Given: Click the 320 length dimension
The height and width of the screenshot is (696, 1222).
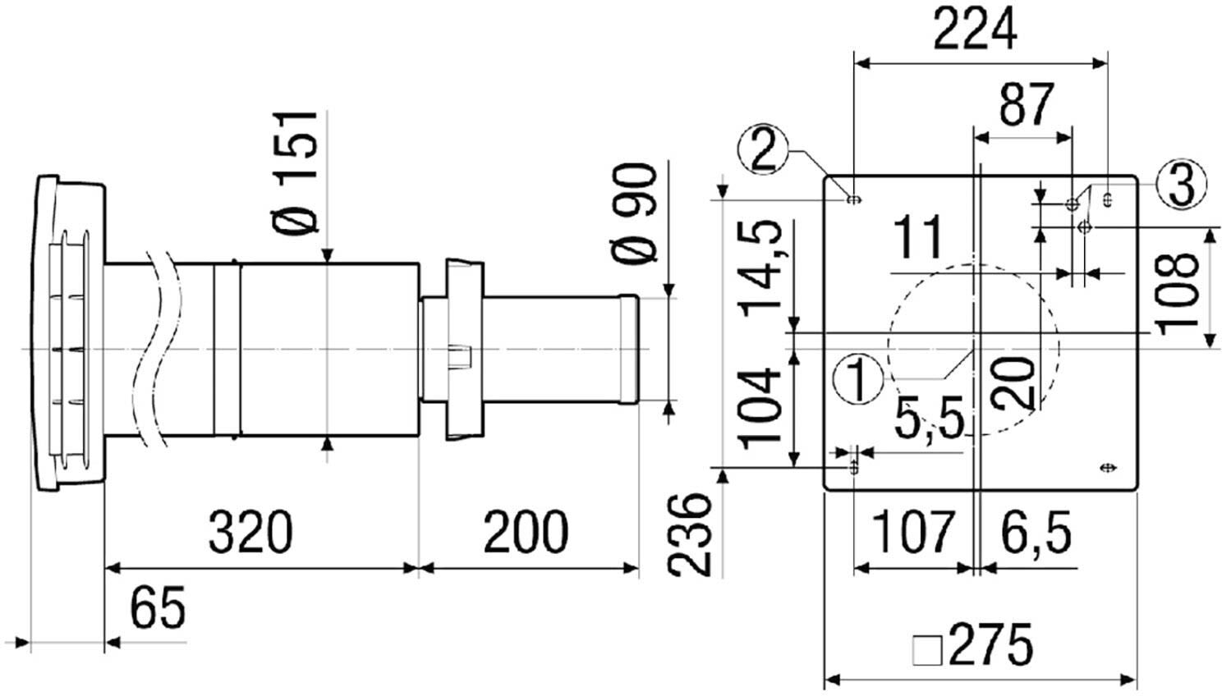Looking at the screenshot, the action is (x=251, y=531).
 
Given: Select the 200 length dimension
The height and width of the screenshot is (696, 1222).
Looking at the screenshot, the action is (x=526, y=531).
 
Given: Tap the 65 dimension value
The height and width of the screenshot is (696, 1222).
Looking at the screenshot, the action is (x=158, y=607).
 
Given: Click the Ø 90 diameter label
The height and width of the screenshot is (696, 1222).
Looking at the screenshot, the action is (x=635, y=215).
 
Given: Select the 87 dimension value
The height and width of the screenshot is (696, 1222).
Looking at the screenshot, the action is (x=1026, y=104).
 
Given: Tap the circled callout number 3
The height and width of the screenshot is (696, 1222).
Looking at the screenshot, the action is (x=1182, y=185).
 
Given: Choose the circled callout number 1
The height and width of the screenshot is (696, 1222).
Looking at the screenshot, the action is (x=858, y=379).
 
